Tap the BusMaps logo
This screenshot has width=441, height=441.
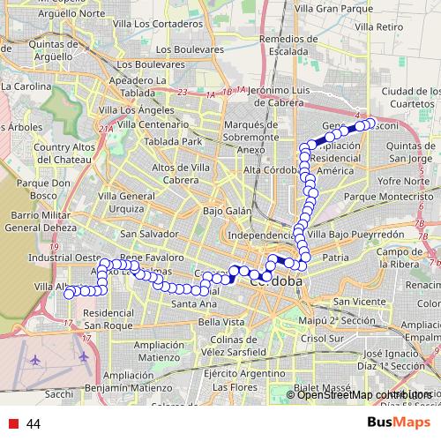tap(399, 423)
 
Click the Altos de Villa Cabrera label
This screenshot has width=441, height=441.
tap(187, 173)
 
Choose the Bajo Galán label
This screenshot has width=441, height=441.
tap(227, 212)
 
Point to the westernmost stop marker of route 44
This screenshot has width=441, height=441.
tap(69, 293)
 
